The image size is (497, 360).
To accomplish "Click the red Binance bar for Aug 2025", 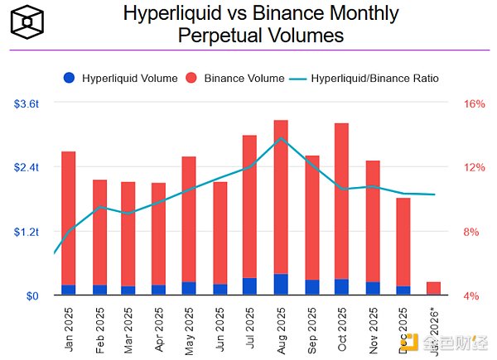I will (x=281, y=199).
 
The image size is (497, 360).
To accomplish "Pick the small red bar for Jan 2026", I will (x=433, y=288).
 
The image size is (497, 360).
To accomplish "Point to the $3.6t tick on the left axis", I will (x=27, y=103).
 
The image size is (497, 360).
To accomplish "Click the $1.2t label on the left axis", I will (x=27, y=232).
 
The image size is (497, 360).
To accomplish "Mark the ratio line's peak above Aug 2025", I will (x=281, y=137).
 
